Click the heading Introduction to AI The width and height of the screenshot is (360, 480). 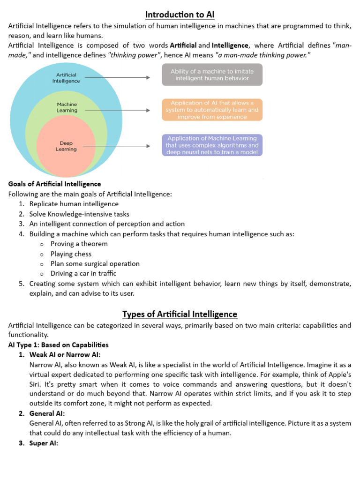(180, 15)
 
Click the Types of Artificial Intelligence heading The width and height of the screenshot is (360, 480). (180, 314)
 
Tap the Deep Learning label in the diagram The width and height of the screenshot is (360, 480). (66, 146)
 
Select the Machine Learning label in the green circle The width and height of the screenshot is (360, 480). (67, 107)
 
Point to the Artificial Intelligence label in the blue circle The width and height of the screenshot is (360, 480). (66, 78)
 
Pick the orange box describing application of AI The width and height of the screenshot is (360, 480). (212, 110)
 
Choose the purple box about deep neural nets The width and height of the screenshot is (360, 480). (212, 145)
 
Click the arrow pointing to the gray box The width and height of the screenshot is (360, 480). (117, 78)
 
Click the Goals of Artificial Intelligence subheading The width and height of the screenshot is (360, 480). (54, 184)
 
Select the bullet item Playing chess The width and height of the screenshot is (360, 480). (71, 254)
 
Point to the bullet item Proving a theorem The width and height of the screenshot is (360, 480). (79, 244)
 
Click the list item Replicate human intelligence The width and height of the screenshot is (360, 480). (74, 204)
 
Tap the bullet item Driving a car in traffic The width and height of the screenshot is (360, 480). (83, 273)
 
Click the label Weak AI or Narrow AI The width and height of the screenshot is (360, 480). (65, 354)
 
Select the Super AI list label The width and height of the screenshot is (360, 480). (44, 443)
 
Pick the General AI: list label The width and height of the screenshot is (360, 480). (47, 413)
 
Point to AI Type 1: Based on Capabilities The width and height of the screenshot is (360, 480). (59, 345)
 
